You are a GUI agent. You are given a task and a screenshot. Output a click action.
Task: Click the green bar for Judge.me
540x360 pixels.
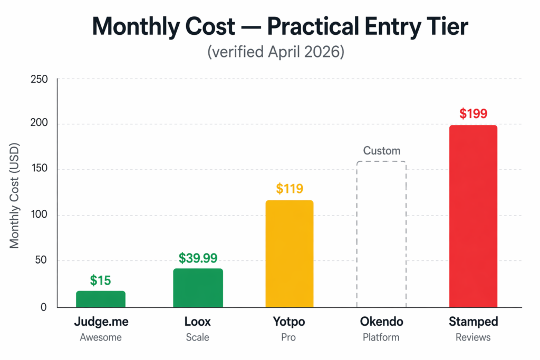pos(101,299)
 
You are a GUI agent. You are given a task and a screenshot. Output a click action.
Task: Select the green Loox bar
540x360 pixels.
pos(198,288)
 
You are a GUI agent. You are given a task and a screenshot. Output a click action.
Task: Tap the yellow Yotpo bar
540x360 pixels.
pos(290,254)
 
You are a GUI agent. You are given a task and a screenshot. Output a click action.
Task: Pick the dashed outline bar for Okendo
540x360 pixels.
pos(381,234)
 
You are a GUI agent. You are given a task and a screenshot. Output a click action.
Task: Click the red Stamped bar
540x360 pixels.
pos(473,216)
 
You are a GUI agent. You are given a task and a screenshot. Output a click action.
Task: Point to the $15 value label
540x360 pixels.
pos(101,280)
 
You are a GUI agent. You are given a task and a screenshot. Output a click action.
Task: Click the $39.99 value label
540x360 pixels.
pos(198,258)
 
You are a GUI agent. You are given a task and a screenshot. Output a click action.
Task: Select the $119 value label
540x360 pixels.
pos(290,189)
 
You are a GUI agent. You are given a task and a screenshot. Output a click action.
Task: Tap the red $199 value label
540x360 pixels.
pos(473,114)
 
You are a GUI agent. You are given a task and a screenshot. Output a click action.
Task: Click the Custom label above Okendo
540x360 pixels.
pos(382,151)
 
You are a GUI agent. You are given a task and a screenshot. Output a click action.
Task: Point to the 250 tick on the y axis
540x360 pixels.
pos(40,80)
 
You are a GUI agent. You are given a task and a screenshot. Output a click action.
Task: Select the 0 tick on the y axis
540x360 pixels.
pos(44,307)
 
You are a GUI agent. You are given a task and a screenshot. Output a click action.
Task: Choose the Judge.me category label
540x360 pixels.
pos(101,322)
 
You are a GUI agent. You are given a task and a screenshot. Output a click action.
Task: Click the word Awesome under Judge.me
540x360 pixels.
pos(101,337)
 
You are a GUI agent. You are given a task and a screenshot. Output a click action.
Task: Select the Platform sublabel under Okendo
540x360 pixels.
pos(381,337)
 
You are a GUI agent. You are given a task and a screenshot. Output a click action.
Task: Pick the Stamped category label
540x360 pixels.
pos(473,322)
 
